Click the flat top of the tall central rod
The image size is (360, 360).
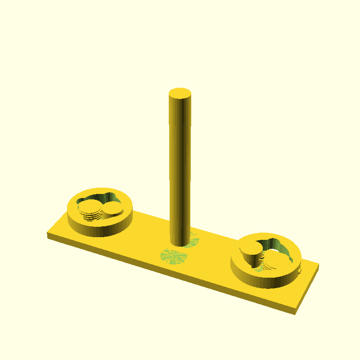tap(180, 94)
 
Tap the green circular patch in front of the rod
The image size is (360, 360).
tap(174, 256)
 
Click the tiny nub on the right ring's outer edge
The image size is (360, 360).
tap(299, 271)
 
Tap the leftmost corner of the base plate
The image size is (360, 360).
tap(48, 234)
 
